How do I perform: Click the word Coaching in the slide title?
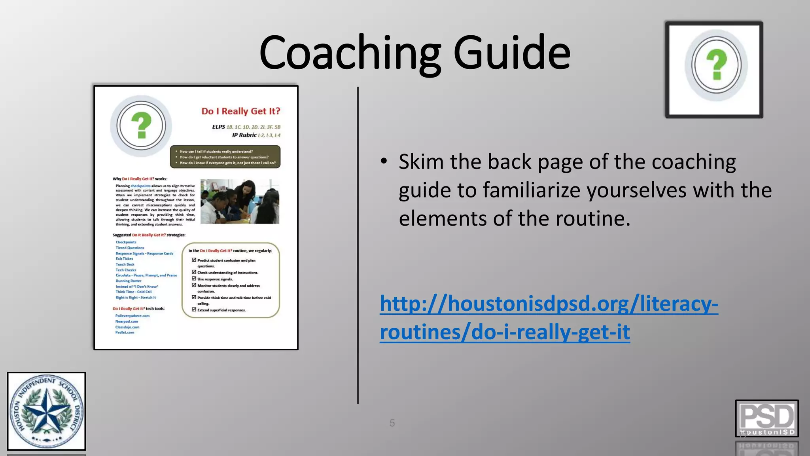350,53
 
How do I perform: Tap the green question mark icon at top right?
716,65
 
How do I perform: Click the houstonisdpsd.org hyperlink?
549,317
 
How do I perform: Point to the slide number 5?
392,423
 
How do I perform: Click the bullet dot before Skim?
384,161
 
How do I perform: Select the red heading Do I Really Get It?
240,111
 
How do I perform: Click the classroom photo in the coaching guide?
240,201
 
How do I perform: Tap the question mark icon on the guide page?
141,125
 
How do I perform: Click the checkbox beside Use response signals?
194,279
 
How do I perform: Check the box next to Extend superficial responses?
194,310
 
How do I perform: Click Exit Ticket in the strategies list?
124,259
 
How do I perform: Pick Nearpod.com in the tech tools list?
127,321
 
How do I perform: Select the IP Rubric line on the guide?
256,135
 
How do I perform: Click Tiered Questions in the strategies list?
130,248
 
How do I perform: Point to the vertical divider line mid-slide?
358,245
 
